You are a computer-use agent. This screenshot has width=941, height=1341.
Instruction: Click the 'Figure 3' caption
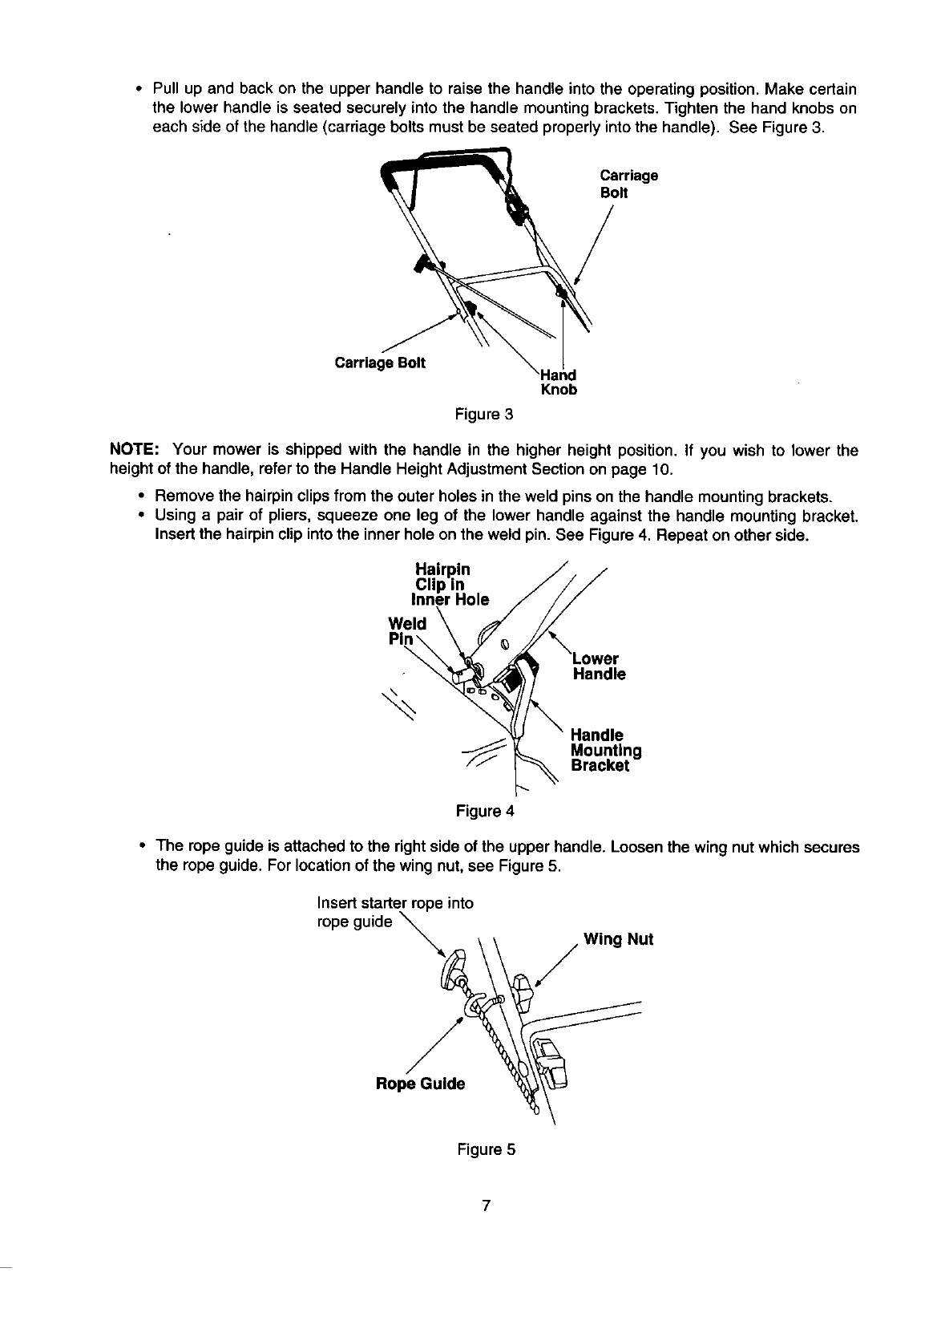tap(483, 415)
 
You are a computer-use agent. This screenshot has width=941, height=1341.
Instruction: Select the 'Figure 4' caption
tap(484, 811)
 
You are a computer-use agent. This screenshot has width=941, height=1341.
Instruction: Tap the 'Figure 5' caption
tap(486, 1149)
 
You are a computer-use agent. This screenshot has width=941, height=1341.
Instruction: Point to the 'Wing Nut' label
tap(618, 939)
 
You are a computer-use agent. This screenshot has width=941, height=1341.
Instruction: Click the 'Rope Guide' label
tap(420, 1084)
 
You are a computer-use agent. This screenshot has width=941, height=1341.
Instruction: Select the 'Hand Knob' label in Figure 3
tap(559, 383)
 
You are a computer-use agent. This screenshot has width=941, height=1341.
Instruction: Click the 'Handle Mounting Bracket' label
tap(605, 751)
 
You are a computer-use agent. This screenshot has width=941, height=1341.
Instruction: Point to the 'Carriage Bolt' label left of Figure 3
tap(380, 363)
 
